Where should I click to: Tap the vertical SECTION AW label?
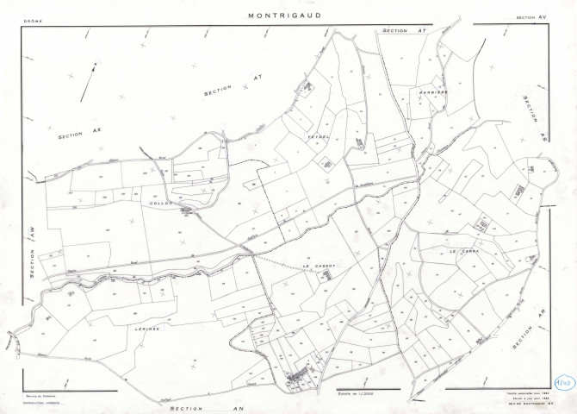(x=30, y=251)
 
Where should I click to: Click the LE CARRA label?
(x=462, y=251)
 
